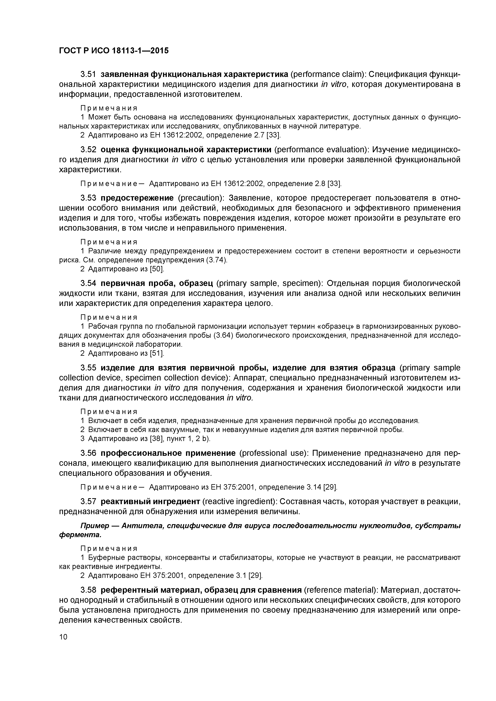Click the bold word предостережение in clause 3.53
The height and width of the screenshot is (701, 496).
[137, 198]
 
